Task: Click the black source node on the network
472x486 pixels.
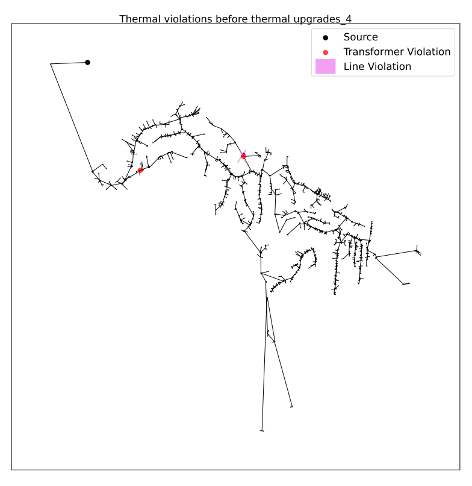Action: pyautogui.click(x=87, y=63)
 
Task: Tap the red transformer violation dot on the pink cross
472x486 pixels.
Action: pyautogui.click(x=243, y=156)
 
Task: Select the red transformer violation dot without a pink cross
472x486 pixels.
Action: pyautogui.click(x=140, y=170)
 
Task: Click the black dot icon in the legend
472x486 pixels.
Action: pyautogui.click(x=325, y=38)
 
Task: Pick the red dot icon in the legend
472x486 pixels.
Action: pyautogui.click(x=325, y=52)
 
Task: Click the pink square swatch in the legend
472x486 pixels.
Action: pyautogui.click(x=325, y=67)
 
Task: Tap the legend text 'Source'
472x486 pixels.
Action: pyautogui.click(x=361, y=37)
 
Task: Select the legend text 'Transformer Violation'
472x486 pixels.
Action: pyautogui.click(x=397, y=52)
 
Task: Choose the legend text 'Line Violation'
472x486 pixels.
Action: pyautogui.click(x=377, y=67)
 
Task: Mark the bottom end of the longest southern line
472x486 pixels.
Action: pyautogui.click(x=262, y=431)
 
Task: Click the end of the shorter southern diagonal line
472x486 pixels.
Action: pyautogui.click(x=291, y=406)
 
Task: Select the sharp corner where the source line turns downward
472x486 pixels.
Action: pyautogui.click(x=51, y=64)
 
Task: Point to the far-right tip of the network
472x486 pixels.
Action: pyautogui.click(x=420, y=254)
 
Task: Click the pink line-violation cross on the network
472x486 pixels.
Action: pyautogui.click(x=243, y=156)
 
